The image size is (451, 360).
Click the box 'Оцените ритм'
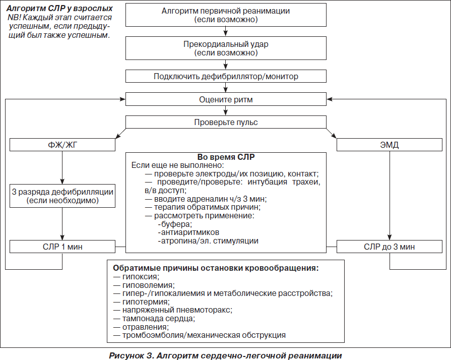pos(226,99)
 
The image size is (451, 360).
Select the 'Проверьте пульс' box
pos(226,122)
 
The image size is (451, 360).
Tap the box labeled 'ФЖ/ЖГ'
pos(62,145)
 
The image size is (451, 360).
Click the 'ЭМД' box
pos(390,145)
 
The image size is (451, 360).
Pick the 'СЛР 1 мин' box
pos(62,247)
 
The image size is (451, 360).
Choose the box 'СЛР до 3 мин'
pos(390,247)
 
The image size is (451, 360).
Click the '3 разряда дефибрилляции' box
pos(62,196)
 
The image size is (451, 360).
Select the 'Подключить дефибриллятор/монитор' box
pos(226,76)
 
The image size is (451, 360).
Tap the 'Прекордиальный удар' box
pos(226,48)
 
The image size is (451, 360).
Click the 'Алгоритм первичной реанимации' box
pos(226,15)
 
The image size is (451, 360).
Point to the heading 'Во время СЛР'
pos(226,157)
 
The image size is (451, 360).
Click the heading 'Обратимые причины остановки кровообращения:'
pos(216,268)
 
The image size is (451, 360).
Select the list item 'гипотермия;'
pos(142,302)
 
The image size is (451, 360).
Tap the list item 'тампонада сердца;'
pos(155,319)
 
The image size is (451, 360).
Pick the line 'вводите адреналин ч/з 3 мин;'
pos(206,199)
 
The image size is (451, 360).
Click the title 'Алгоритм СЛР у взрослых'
pos(59,9)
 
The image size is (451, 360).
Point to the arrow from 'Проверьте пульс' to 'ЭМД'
pos(332,133)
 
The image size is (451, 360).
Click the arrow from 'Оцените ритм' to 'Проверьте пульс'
pos(226,111)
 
